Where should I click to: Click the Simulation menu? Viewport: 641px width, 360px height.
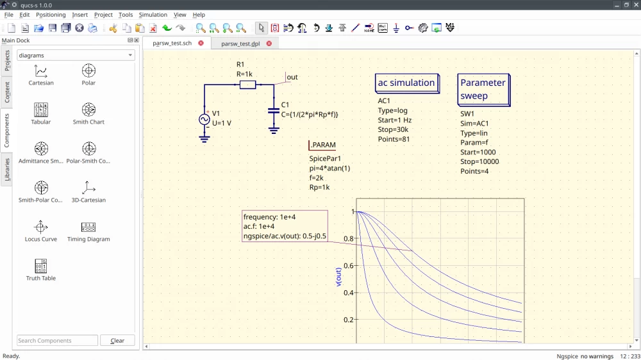point(153,15)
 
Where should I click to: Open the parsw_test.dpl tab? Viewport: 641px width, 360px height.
point(240,44)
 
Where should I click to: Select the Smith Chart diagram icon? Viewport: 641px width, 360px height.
point(88,110)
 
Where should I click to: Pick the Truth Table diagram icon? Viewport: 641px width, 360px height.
point(41,266)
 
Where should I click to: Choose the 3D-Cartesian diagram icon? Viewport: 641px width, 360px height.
point(88,188)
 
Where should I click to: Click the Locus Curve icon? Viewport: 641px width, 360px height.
point(41,227)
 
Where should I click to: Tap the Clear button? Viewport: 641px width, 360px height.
point(117,341)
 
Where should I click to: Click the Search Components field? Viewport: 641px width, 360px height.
point(57,341)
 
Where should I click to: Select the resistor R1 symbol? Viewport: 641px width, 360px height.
point(247,85)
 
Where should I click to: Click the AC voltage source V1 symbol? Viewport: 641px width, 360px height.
point(205,119)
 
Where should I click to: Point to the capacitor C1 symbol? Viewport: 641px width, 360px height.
point(274,110)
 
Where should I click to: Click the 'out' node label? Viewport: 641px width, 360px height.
point(292,78)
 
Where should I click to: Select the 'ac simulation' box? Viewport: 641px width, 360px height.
point(406,83)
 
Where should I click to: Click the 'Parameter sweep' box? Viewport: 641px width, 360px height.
point(483,89)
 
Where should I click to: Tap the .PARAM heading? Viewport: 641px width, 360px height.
point(322,145)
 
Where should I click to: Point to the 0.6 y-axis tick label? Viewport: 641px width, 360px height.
point(348,265)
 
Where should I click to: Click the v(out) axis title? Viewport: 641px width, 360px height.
point(338,276)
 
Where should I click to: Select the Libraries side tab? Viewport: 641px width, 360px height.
point(7,170)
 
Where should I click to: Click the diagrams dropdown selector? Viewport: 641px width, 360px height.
point(76,56)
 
